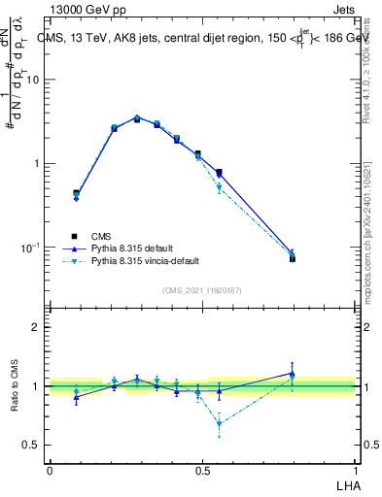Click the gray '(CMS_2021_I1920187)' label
pyautogui.click(x=202, y=289)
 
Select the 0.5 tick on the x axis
pyautogui.click(x=202, y=471)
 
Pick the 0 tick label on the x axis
pyautogui.click(x=49, y=471)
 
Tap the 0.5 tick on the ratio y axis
pyautogui.click(x=32, y=445)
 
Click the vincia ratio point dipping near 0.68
pyautogui.click(x=219, y=423)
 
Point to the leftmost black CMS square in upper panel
pyautogui.click(x=76, y=193)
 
